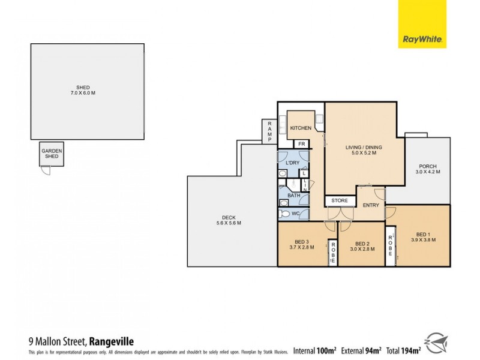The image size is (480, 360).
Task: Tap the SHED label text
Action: click(87, 88)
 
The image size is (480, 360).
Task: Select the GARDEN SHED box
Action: click(51, 154)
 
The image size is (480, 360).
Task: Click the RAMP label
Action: click(269, 131)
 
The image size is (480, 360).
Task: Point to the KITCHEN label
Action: click(301, 128)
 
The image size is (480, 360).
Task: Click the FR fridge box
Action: click(301, 144)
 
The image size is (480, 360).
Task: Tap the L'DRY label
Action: click(292, 163)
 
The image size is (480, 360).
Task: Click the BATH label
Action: click(293, 195)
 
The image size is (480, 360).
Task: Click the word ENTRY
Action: click(371, 205)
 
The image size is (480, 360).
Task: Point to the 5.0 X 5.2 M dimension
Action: click(364, 153)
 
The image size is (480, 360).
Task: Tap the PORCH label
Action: click(428, 166)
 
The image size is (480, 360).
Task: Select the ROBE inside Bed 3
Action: click(332, 253)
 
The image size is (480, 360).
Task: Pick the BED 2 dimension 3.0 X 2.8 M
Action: click(362, 248)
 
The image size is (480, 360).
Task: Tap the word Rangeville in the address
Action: click(116, 341)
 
